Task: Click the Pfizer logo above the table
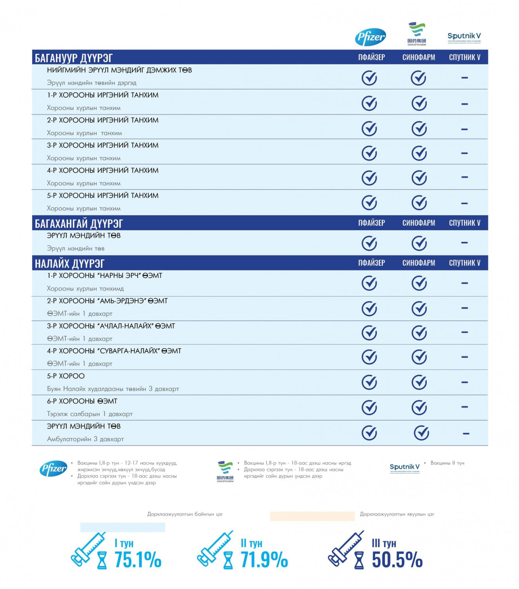click(370, 37)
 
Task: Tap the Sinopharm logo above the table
click(417, 34)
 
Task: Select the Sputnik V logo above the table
click(464, 37)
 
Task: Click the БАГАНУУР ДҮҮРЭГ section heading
click(74, 58)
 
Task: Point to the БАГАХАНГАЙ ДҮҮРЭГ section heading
click(79, 223)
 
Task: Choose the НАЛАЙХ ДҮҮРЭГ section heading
click(70, 263)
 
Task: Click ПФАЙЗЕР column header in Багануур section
click(371, 57)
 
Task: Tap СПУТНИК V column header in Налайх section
click(464, 263)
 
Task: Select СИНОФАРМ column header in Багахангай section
click(418, 223)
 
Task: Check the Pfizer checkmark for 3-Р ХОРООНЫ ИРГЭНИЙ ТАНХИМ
click(369, 153)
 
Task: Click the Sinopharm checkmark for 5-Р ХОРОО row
click(419, 382)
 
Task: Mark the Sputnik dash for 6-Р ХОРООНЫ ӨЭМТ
click(464, 407)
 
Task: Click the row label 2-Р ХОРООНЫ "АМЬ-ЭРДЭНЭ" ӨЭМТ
click(107, 301)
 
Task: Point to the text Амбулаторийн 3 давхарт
click(85, 439)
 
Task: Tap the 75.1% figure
click(138, 560)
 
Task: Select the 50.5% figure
click(397, 560)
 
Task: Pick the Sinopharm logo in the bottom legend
click(225, 471)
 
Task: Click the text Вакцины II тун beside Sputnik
click(447, 463)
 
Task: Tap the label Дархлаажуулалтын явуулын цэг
click(397, 514)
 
